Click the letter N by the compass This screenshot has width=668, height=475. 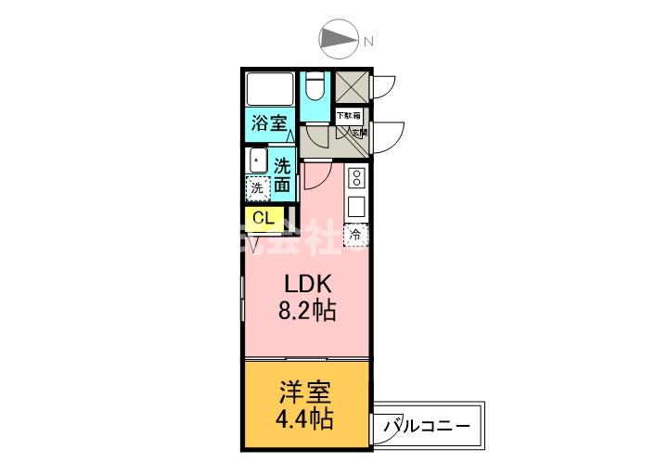tap(368, 41)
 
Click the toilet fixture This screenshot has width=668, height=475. tap(315, 88)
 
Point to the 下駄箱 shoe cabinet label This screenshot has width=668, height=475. tap(348, 116)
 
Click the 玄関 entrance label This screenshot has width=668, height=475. tap(359, 133)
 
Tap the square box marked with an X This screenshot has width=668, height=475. tap(352, 88)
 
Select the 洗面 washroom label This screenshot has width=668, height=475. tap(282, 175)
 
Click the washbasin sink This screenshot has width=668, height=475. tap(257, 160)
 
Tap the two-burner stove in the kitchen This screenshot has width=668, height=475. tap(356, 176)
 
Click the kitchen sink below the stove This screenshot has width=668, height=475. tap(356, 205)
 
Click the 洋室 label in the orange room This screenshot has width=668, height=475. tap(305, 392)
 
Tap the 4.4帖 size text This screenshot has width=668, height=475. tap(305, 419)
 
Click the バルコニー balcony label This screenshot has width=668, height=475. tap(428, 427)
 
